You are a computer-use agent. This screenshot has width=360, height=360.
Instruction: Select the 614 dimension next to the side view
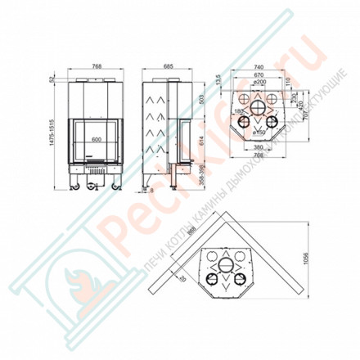click(x=199, y=141)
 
